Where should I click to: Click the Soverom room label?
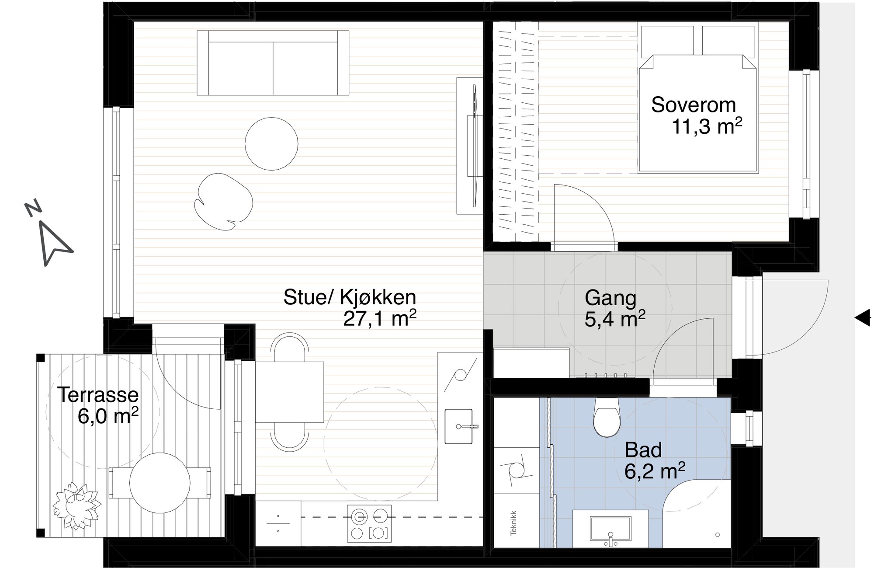tap(693, 105)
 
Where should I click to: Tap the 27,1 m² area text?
tap(379, 319)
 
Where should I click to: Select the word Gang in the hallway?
tap(610, 299)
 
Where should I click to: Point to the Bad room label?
tap(643, 450)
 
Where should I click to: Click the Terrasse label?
tap(98, 395)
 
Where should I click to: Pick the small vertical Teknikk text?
tap(513, 523)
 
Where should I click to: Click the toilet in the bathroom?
tap(607, 418)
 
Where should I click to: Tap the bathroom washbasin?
tap(610, 530)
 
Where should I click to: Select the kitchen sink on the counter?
tap(459, 426)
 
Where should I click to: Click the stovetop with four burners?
tap(369, 523)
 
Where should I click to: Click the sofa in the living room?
tap(273, 63)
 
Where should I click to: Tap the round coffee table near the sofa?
tap(271, 144)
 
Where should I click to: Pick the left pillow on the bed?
tap(667, 42)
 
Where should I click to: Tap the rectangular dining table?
tap(289, 392)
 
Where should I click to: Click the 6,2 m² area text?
tap(655, 471)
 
